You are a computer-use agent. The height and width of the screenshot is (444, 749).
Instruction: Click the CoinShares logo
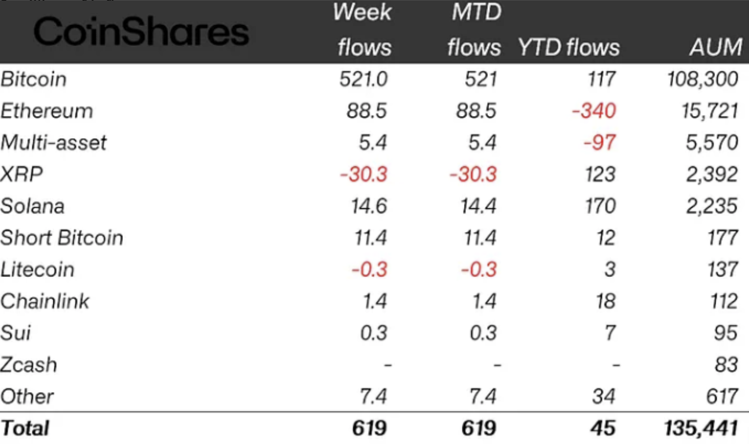tap(141, 31)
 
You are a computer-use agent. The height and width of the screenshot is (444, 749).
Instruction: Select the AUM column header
tap(716, 47)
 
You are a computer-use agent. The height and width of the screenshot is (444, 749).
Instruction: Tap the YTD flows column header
tap(569, 47)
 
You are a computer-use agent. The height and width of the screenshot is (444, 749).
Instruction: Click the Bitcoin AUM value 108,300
tap(702, 79)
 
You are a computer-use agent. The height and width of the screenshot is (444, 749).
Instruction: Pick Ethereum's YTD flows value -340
tap(594, 111)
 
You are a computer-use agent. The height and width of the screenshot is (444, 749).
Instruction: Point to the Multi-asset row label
tap(53, 142)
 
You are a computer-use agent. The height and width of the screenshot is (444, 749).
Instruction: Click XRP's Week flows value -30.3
tap(364, 174)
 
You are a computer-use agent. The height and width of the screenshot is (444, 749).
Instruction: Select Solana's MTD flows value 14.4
tap(478, 206)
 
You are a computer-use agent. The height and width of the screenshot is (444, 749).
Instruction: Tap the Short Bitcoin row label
tap(62, 238)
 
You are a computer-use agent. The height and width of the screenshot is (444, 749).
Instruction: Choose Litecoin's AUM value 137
tap(722, 270)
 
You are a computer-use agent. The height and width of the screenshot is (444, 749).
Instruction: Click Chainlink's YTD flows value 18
tap(605, 301)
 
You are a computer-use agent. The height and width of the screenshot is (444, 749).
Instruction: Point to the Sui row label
tap(16, 333)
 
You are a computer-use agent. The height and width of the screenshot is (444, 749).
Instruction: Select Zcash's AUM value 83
tap(726, 364)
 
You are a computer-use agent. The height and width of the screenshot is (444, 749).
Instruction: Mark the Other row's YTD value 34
tap(604, 396)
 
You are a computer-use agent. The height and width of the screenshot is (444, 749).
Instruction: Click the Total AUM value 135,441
tap(701, 428)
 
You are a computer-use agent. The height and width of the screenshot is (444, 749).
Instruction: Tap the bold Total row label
tap(25, 428)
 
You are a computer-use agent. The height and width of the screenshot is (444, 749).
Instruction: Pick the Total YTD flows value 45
tap(603, 428)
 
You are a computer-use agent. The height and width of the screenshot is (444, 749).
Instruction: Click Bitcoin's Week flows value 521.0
tap(363, 79)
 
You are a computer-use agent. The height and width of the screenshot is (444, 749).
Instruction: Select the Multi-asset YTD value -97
tap(599, 142)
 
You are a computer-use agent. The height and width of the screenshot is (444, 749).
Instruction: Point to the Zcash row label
tap(29, 364)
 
